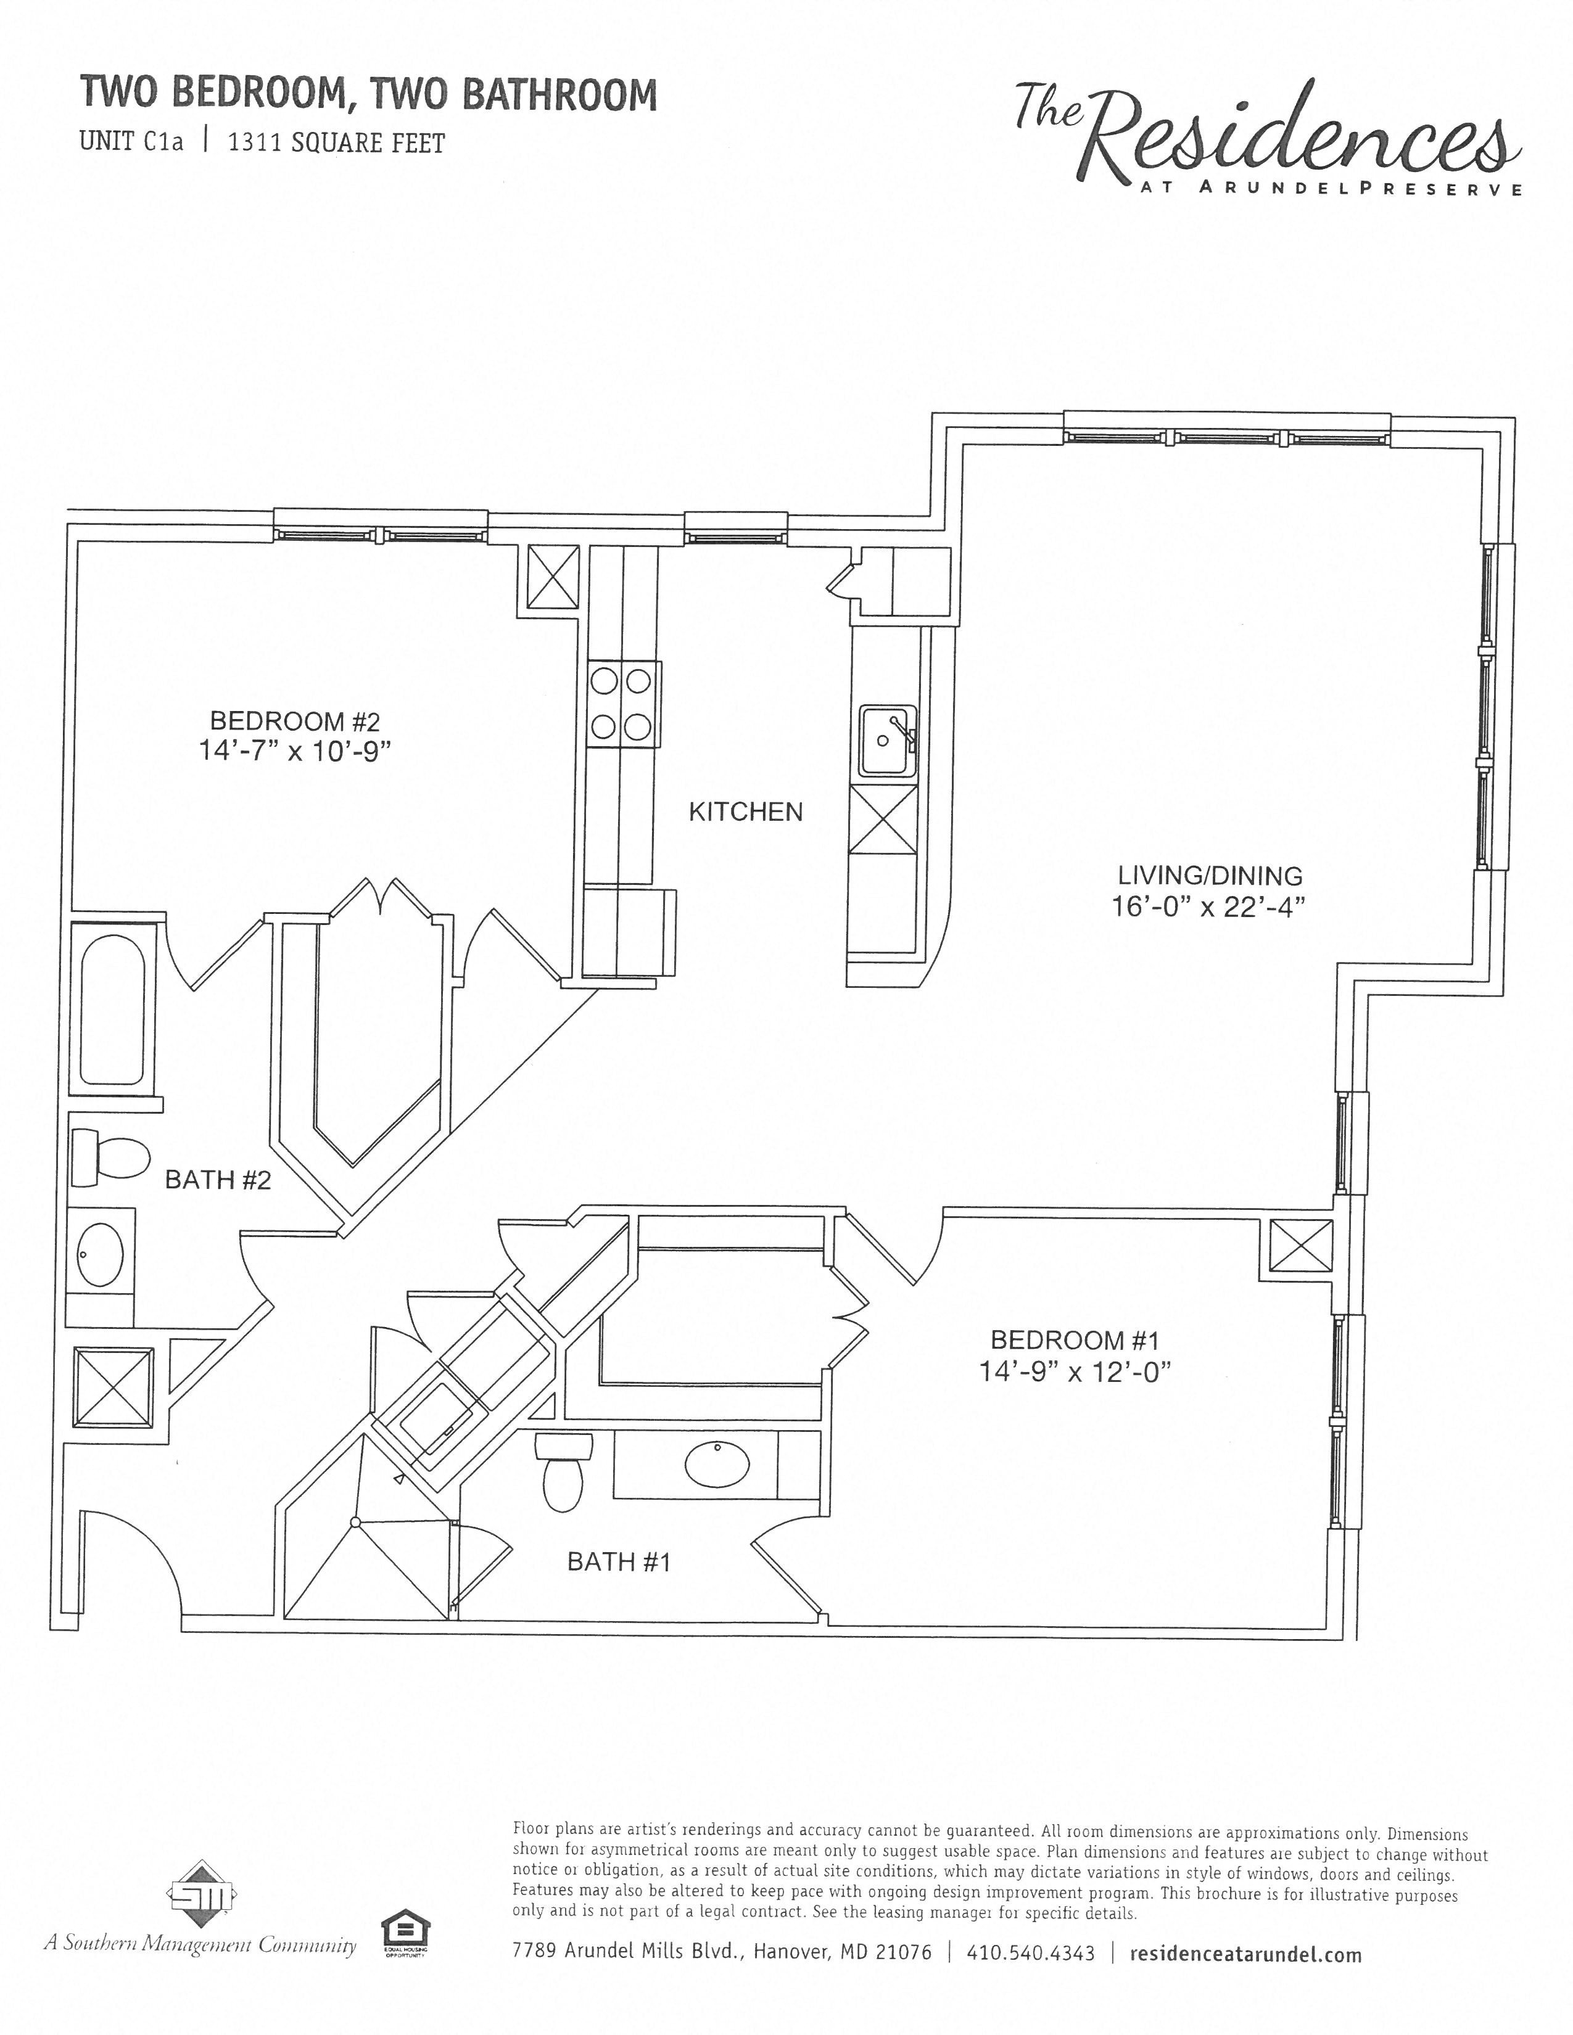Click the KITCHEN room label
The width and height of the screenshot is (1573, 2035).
click(746, 812)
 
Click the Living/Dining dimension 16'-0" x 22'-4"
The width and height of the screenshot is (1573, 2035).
click(1208, 906)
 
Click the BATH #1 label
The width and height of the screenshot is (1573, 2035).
click(619, 1561)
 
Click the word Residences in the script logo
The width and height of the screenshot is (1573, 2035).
click(1295, 140)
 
